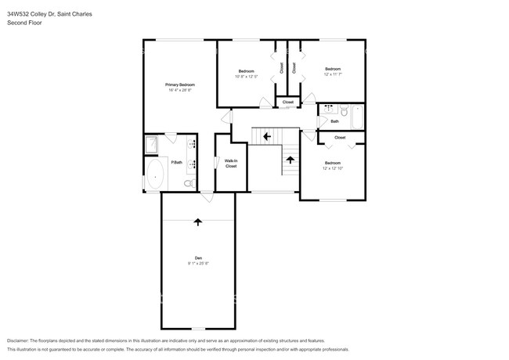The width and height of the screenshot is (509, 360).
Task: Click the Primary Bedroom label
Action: pyautogui.click(x=179, y=85)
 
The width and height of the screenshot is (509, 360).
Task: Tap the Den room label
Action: pyautogui.click(x=198, y=258)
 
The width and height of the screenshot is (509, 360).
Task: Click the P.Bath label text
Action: pyautogui.click(x=177, y=162)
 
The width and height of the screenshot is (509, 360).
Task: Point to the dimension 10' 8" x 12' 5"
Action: pyautogui.click(x=246, y=77)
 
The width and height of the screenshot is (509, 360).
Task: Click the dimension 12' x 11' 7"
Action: pyautogui.click(x=333, y=74)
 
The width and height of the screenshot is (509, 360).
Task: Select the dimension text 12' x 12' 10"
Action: pyautogui.click(x=333, y=169)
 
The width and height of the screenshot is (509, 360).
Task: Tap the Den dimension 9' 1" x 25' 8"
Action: pyautogui.click(x=198, y=264)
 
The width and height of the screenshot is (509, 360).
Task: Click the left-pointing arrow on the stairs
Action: pyautogui.click(x=267, y=136)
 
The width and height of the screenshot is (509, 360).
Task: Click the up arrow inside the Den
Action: pyautogui.click(x=198, y=221)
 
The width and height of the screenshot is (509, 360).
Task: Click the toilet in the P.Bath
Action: pyautogui.click(x=188, y=184)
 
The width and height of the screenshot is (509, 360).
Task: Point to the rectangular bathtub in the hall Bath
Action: pyautogui.click(x=357, y=118)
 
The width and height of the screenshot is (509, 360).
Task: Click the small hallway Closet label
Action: pyautogui.click(x=287, y=103)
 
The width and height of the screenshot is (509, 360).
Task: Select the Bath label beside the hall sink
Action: pyautogui.click(x=334, y=121)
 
